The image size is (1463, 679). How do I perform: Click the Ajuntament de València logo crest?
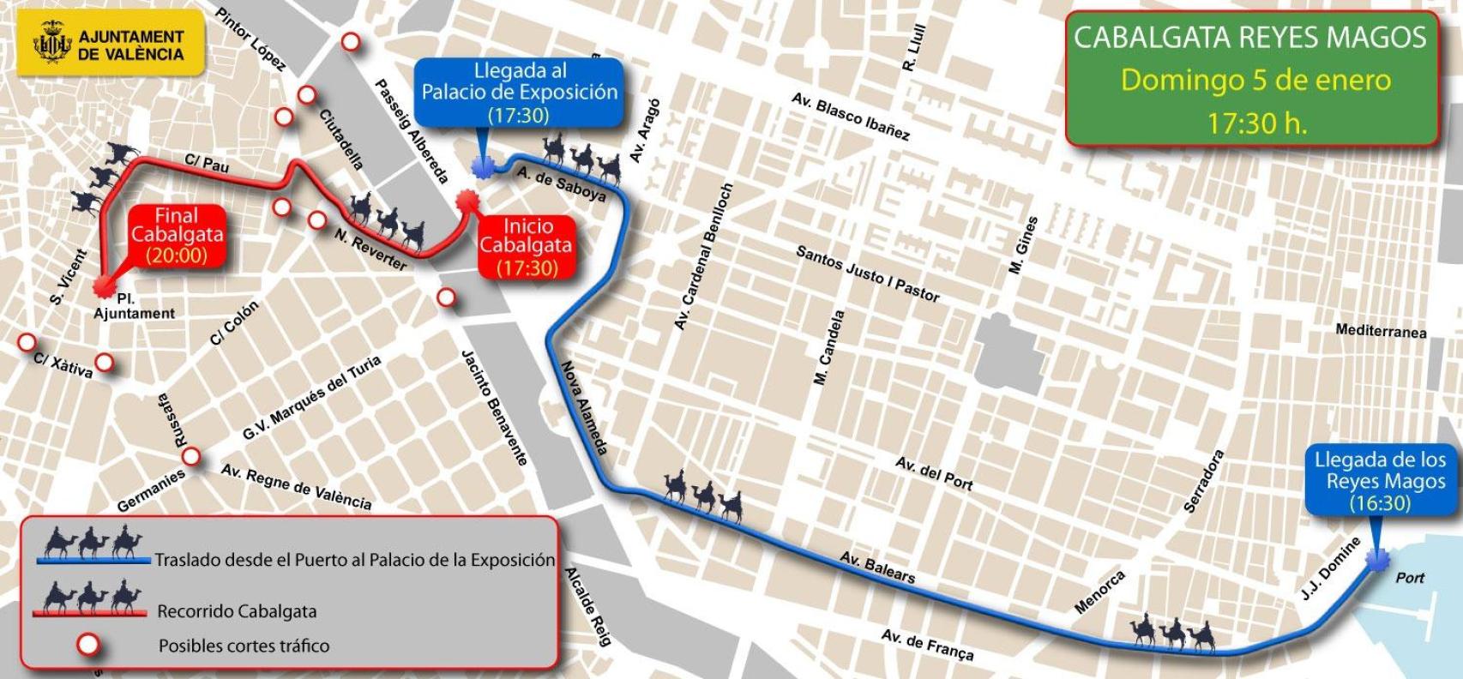[x=51, y=45]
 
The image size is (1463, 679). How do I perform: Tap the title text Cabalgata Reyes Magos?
[x=1250, y=38]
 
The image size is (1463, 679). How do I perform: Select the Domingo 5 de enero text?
[x=1255, y=81]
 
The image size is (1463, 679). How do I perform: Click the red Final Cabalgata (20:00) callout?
[x=177, y=235]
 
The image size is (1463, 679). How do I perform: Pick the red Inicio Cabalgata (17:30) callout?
[x=527, y=247]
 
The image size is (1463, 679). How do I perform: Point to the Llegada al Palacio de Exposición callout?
[x=520, y=93]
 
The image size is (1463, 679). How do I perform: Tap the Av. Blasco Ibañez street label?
[x=850, y=117]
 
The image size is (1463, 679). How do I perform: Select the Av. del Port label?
[x=934, y=473]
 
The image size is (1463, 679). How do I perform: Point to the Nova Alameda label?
[x=585, y=406]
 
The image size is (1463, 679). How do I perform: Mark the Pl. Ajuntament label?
[x=134, y=307]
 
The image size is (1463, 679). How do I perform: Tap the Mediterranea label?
[x=1381, y=330]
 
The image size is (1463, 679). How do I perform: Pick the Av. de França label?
[x=927, y=645]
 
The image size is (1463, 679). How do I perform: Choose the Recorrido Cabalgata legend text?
[x=237, y=611]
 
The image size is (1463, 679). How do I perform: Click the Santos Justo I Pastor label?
[x=868, y=274]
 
